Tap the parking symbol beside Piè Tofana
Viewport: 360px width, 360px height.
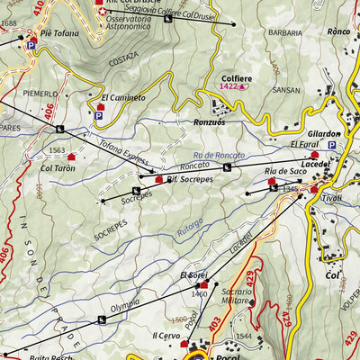(x=32, y=45)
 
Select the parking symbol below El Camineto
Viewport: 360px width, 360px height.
(x=98, y=115)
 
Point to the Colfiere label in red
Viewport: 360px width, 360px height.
(x=236, y=78)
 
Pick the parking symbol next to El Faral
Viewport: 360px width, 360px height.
(x=331, y=145)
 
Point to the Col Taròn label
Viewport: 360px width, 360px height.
(x=58, y=168)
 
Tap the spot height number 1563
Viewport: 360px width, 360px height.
(x=58, y=150)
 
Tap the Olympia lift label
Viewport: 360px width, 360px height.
(x=124, y=306)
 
